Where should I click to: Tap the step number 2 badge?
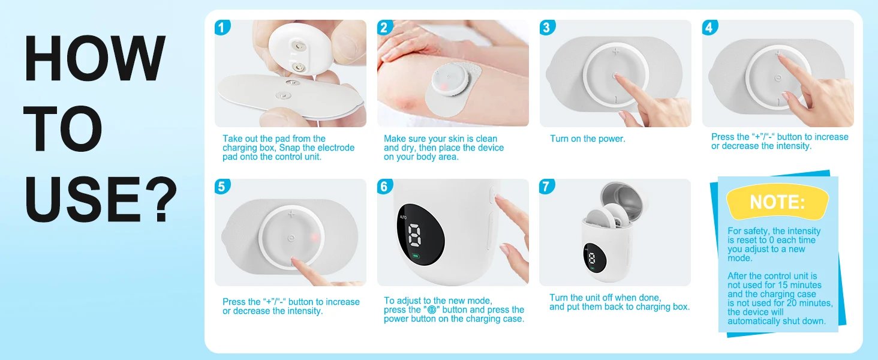(x=385, y=28)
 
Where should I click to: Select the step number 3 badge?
(x=547, y=28)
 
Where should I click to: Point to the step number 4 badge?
(x=709, y=28)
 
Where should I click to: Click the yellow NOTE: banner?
(x=777, y=202)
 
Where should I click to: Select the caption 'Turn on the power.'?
(x=587, y=139)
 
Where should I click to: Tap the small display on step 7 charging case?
(x=593, y=258)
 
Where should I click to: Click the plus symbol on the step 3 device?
(x=615, y=52)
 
